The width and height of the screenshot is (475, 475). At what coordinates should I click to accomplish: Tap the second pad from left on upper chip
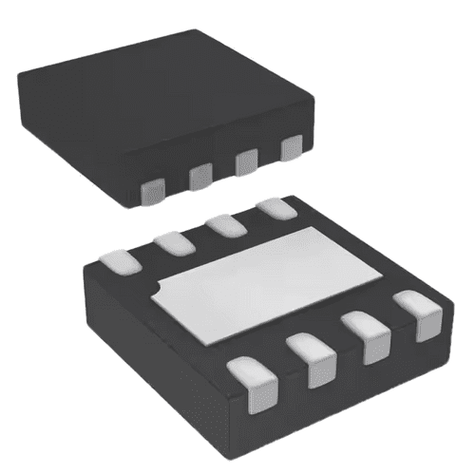[x=199, y=176]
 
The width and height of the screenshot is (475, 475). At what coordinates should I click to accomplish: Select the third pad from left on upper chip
[x=245, y=161]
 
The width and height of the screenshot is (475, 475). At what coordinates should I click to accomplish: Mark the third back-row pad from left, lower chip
[x=225, y=226]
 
